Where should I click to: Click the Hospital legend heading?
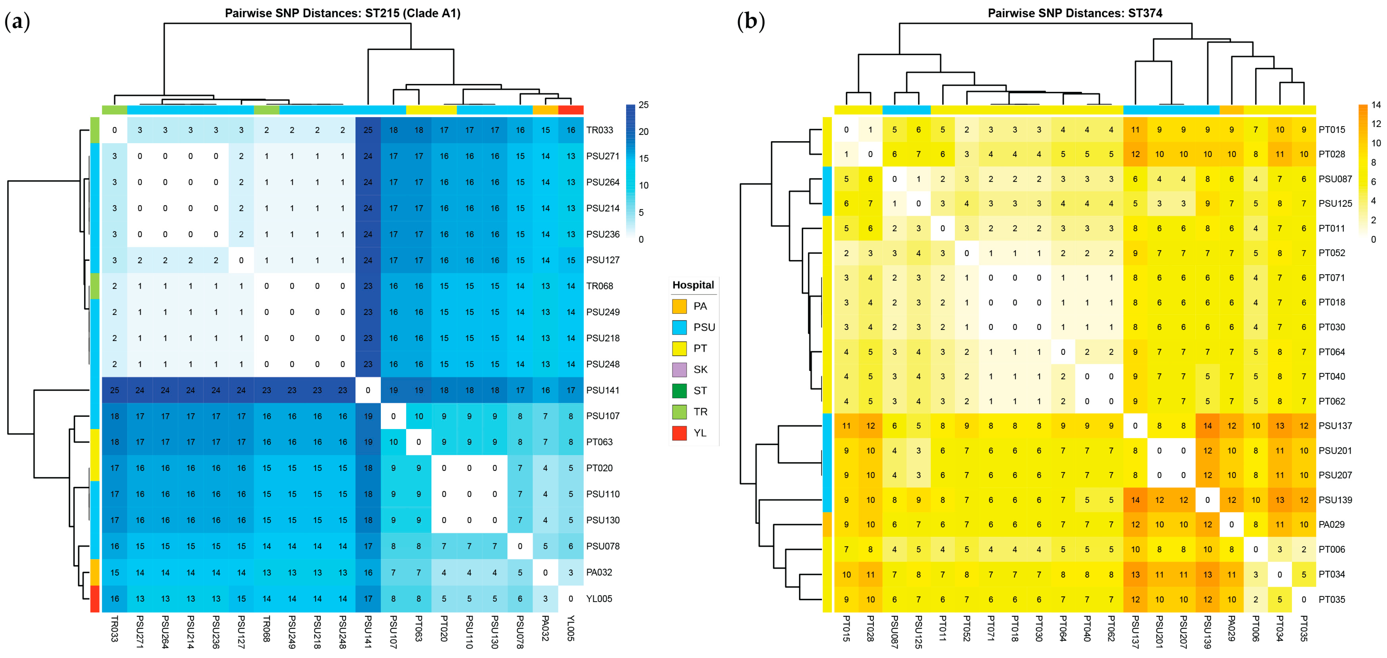[x=693, y=285]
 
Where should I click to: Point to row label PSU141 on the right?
[x=603, y=390]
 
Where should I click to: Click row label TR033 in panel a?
[x=599, y=130]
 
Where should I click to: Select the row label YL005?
[x=599, y=598]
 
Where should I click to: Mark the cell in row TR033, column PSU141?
[x=368, y=130]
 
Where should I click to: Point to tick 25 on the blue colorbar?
[x=643, y=105]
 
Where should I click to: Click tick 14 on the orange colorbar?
[x=1376, y=105]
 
